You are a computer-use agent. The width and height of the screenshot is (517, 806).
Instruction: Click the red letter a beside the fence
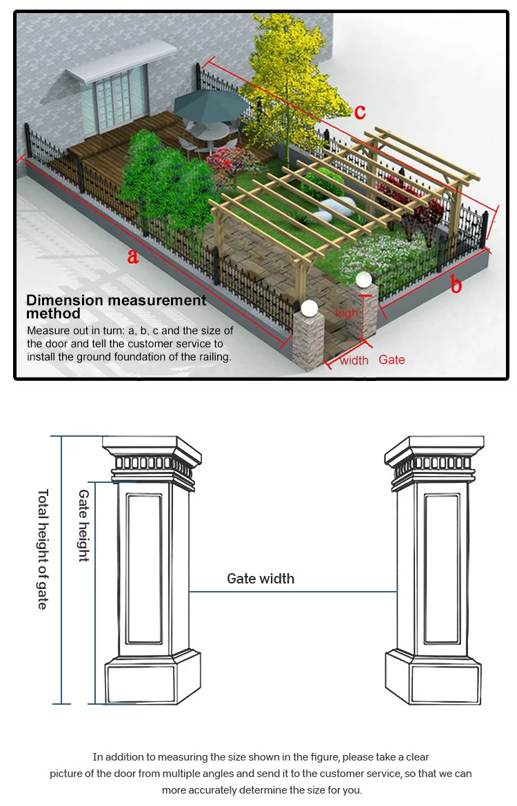pos(133,257)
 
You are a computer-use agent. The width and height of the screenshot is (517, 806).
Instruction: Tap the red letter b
pos(456,284)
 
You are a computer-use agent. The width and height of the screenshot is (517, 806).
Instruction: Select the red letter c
pos(360,112)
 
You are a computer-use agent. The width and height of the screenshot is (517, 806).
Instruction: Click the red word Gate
pos(392,360)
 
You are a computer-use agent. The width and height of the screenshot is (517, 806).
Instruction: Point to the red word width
pos(354,360)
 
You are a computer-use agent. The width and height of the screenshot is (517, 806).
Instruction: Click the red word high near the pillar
pos(347,313)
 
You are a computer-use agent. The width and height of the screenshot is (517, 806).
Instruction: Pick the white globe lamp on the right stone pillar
pos(363,280)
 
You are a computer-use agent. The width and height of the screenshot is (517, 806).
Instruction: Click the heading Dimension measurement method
pos(116,307)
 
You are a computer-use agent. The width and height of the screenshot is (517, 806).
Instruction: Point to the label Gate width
pos(261,579)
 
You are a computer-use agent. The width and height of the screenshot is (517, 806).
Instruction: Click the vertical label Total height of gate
pos(43,549)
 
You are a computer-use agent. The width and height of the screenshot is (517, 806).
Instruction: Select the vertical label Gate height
pos(83,526)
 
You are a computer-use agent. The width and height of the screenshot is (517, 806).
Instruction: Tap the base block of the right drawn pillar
pos(432,681)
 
